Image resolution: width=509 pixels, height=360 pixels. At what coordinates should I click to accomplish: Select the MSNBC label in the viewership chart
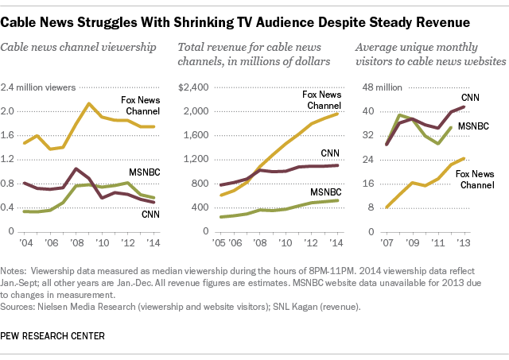(x=143, y=172)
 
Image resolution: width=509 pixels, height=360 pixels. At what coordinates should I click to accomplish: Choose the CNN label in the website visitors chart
(x=471, y=97)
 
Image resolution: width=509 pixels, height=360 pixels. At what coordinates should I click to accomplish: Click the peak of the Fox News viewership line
(x=89, y=103)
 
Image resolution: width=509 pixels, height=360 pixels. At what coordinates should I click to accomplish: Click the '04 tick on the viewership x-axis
(x=27, y=242)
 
